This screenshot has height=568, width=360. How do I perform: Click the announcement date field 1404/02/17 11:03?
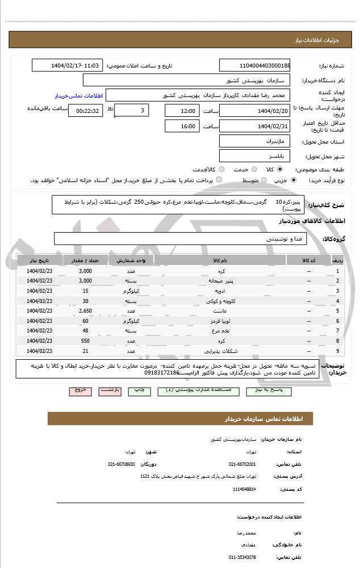[x=68, y=65]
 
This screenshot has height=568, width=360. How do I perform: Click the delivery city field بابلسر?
[x=255, y=155]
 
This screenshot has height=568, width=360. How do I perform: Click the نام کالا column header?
[x=220, y=260]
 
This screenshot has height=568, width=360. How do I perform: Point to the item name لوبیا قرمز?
[x=220, y=321]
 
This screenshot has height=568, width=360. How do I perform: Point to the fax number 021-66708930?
[x=122, y=464]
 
